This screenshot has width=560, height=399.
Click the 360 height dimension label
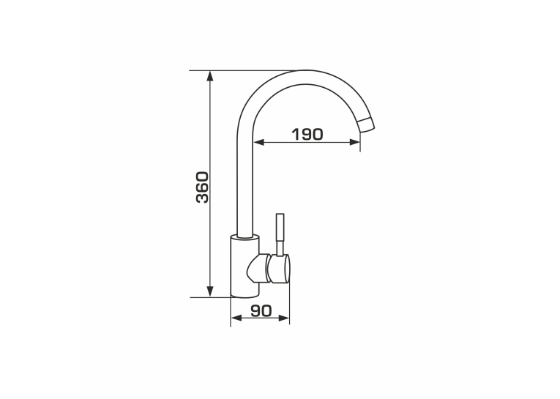[202, 187]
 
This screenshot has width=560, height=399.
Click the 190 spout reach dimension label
[307, 134]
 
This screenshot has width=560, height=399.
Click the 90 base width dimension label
[261, 310]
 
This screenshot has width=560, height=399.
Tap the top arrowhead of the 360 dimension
[210, 76]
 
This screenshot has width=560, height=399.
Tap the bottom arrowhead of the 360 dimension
[210, 291]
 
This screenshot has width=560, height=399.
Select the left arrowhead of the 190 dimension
[259, 142]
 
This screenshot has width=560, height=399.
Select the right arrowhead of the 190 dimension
[354, 142]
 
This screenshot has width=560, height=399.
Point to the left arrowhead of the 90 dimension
[236, 318]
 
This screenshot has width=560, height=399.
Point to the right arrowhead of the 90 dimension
[283, 318]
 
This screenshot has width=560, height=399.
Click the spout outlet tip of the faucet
[367, 125]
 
